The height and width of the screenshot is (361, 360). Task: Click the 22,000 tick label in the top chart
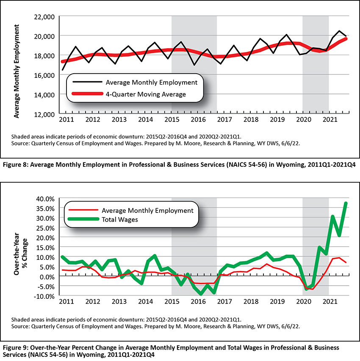pos(44,17)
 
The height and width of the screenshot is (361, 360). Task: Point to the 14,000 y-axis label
pos(44,95)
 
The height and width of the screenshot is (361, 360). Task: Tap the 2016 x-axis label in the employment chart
pos(198,119)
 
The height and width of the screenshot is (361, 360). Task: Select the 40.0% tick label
pos(45,198)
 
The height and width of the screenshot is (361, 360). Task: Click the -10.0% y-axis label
pos(44,296)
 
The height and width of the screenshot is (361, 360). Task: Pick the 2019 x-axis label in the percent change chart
pos(277,301)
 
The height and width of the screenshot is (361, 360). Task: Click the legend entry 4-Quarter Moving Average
pos(146,94)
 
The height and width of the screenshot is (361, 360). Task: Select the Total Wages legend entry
pos(120,219)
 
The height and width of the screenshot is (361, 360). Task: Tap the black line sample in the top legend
pos(87,82)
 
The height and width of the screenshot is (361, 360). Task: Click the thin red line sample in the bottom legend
pos(83,210)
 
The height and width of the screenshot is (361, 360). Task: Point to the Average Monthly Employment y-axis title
pos(17,72)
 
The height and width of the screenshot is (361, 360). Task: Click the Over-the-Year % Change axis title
pos(20,254)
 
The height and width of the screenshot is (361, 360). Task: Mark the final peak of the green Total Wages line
pos(346,203)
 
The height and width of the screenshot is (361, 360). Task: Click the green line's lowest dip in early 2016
pos(201,294)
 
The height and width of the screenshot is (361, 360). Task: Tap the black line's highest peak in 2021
pos(339,30)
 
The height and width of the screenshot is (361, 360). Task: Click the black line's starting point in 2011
pos(62,70)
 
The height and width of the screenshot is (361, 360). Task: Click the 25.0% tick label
pos(45,228)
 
